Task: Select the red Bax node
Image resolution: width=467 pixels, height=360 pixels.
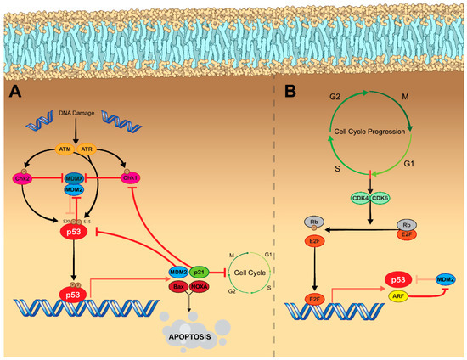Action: tap(178, 287)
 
